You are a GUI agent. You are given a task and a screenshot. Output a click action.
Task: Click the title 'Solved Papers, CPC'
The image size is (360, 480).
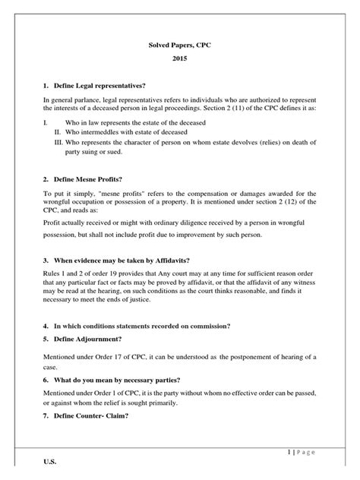pos(179,46)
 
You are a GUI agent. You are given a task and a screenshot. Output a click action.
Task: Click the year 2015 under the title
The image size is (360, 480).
pos(179,59)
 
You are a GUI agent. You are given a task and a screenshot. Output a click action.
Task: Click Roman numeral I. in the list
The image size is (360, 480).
pos(46,121)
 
